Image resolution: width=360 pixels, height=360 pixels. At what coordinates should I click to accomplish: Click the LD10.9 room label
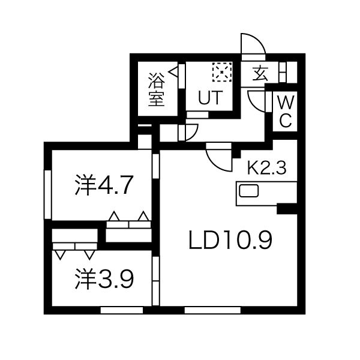(230, 240)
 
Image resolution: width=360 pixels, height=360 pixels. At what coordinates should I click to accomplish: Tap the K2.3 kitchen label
(267, 168)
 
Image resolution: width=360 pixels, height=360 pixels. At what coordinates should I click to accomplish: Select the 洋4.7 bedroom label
(104, 185)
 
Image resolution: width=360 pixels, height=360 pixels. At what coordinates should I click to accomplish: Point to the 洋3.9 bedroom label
(104, 278)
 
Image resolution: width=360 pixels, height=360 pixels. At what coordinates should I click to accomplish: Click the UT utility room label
(211, 98)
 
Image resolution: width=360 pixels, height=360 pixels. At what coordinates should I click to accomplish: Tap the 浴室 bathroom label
(157, 89)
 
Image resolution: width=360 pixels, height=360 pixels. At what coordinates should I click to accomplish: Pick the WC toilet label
(286, 111)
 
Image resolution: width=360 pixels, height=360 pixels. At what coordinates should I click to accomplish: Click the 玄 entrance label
(260, 73)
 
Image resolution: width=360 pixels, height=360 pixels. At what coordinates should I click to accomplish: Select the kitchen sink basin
(249, 191)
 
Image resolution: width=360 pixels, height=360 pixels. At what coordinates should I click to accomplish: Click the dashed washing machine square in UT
(222, 72)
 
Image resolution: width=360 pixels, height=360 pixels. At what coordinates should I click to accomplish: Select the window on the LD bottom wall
(212, 310)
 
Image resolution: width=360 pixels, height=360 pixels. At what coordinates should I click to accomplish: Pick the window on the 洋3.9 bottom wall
(122, 310)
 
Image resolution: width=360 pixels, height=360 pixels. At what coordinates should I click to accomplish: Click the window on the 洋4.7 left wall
(47, 194)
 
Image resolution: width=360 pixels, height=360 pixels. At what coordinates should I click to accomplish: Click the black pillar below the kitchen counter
(287, 209)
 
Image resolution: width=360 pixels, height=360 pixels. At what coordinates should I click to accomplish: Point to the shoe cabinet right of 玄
(283, 72)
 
